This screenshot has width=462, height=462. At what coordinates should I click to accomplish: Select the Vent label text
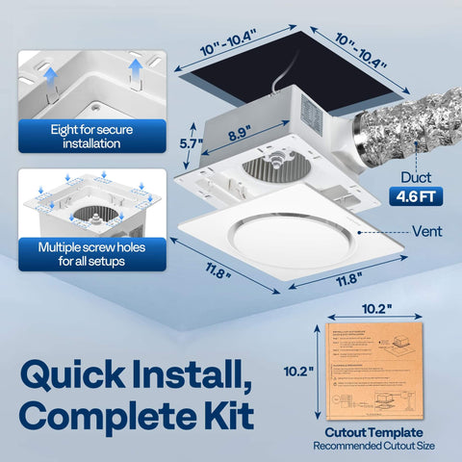427,231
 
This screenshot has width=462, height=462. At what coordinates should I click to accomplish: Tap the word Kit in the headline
230,419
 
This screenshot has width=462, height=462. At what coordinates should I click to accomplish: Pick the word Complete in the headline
105,419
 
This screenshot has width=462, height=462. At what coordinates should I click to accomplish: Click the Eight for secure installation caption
87,136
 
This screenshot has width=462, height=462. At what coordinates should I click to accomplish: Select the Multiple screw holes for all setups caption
87,253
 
